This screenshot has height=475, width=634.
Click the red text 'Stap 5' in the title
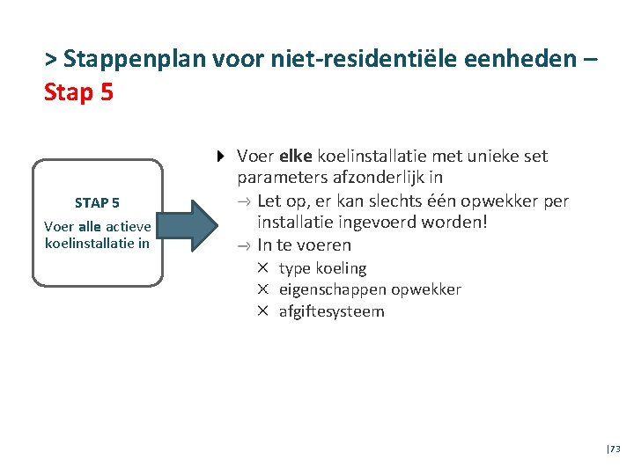click(78, 91)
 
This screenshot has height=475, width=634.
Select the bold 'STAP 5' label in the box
click(98, 203)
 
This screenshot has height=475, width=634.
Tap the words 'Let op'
click(282, 201)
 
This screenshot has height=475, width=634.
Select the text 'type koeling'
click(322, 268)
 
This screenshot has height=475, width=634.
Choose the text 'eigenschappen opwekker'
click(370, 289)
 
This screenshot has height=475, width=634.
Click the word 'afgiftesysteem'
click(332, 311)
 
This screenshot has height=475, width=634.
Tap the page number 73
click(615, 449)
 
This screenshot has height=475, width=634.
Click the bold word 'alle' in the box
click(90, 227)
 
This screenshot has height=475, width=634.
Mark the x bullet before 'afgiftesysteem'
click(262, 311)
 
